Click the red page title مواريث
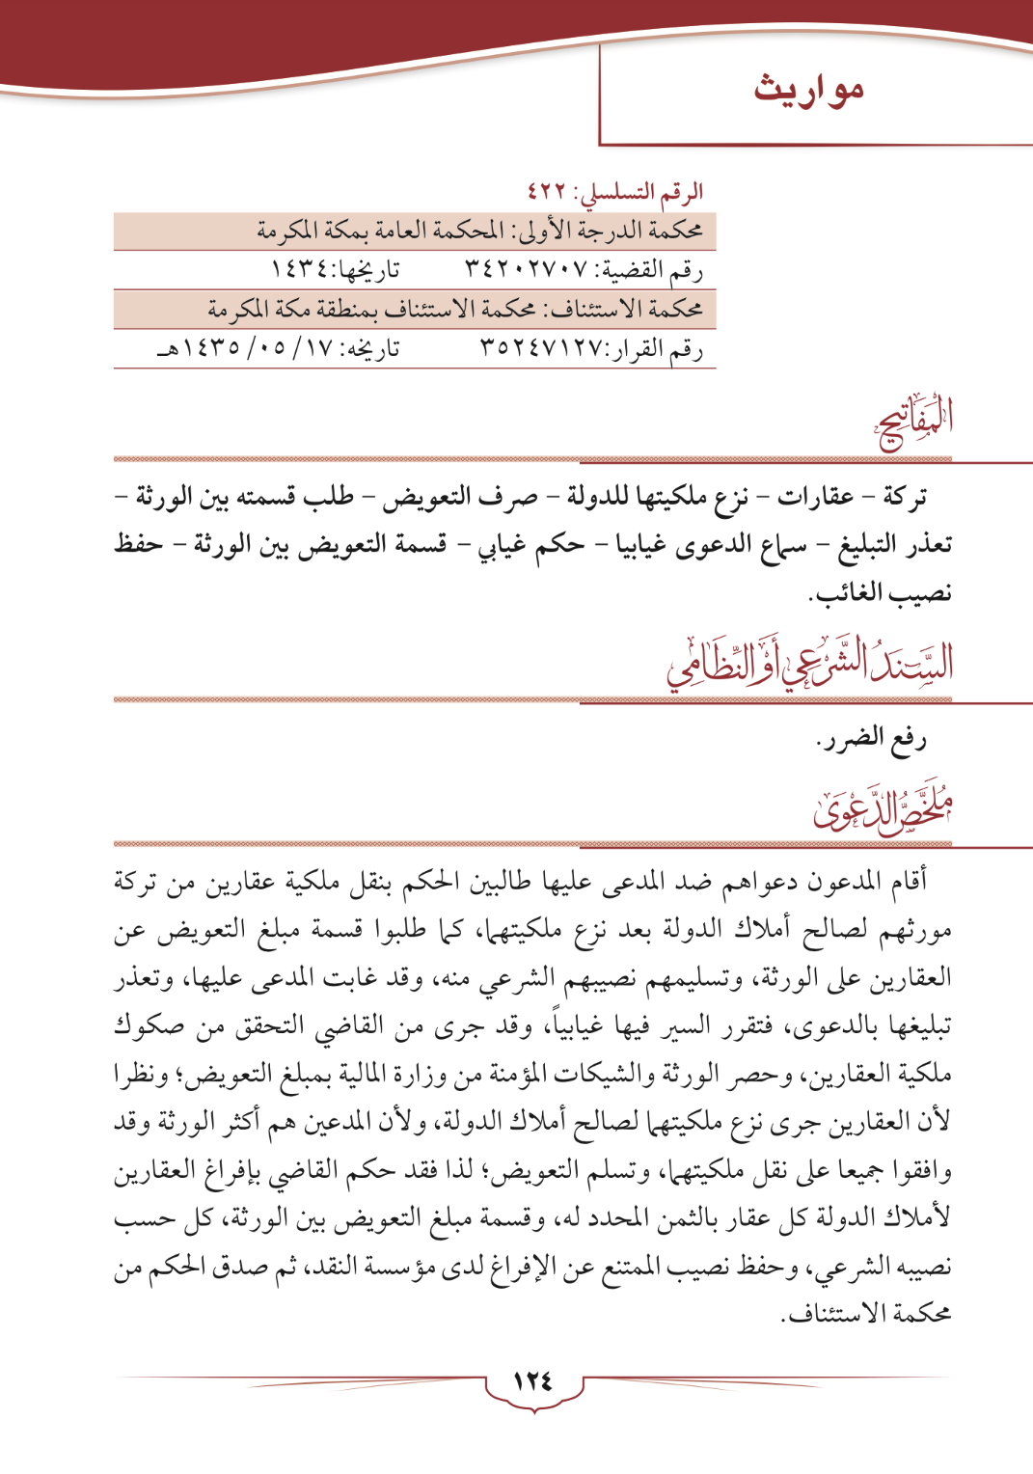click(x=808, y=90)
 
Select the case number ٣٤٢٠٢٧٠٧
click(x=525, y=270)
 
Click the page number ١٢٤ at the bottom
click(x=533, y=1380)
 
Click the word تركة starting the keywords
click(x=905, y=498)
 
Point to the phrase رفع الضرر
click(x=871, y=741)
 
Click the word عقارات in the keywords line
click(x=815, y=498)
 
